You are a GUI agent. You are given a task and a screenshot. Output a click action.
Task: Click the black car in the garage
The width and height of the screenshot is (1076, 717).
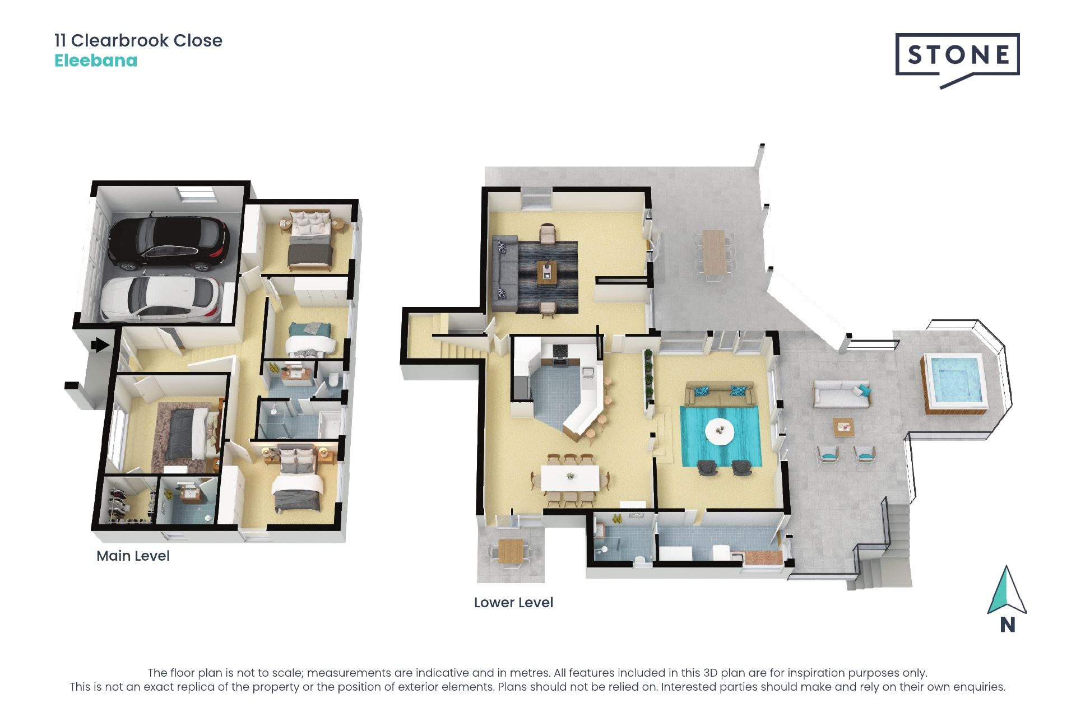168,243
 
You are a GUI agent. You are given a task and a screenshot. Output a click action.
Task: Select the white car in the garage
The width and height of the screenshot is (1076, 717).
161,299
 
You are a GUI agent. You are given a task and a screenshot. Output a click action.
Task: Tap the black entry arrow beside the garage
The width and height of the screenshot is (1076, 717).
100,345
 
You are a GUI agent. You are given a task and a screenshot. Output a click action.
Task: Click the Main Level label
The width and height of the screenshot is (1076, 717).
133,556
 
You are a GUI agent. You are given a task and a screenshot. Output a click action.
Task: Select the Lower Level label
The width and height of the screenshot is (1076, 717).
513,602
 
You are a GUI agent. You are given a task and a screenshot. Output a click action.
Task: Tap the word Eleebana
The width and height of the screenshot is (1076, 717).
96,60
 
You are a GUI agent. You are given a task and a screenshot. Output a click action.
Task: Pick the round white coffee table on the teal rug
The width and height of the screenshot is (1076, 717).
720,431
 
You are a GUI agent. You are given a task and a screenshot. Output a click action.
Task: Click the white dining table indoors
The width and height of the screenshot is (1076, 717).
570,478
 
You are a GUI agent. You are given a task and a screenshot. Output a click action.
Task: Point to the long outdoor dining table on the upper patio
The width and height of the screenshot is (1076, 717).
713,253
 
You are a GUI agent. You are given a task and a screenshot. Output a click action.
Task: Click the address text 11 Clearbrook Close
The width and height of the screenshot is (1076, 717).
138,40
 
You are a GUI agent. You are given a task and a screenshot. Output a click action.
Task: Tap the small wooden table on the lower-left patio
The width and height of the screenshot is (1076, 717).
511,551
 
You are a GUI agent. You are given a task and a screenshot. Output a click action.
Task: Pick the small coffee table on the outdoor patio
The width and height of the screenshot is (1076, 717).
843,426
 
